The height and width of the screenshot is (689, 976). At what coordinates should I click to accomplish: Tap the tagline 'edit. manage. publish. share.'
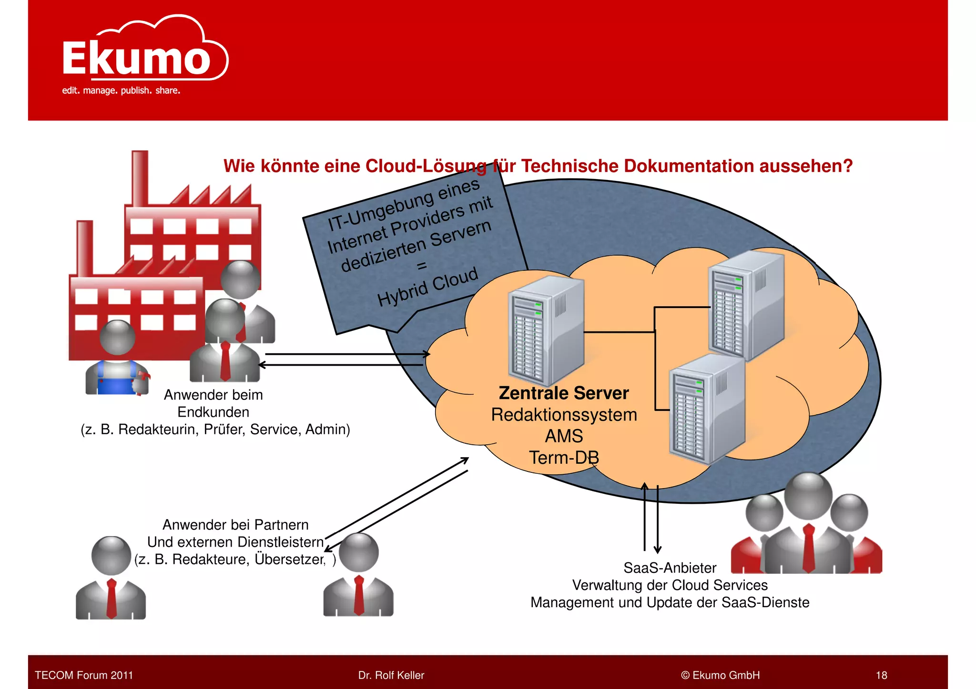[121, 90]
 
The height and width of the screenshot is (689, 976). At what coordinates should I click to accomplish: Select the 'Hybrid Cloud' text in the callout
[427, 287]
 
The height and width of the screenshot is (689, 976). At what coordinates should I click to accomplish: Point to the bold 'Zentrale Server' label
[563, 393]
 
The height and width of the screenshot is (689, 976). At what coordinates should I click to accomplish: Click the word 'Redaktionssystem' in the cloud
[564, 415]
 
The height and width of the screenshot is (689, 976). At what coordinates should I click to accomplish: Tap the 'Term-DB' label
[564, 458]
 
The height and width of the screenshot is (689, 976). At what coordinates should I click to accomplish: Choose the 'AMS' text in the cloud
[564, 436]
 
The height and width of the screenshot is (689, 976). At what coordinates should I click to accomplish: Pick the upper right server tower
[746, 305]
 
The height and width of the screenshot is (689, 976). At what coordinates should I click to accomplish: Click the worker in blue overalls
[117, 359]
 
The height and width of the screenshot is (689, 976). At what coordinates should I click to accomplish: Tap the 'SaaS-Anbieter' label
[670, 568]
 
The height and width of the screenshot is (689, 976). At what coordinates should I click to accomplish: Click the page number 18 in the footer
[881, 675]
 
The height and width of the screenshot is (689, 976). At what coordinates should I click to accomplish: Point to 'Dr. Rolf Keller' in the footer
[391, 675]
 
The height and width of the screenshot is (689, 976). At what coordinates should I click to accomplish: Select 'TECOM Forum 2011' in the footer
[84, 675]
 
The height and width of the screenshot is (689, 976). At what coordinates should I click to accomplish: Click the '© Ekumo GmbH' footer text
[720, 675]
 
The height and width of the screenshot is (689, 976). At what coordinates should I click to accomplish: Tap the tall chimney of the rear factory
[140, 179]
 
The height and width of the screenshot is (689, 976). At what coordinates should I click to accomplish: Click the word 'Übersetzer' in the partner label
[289, 559]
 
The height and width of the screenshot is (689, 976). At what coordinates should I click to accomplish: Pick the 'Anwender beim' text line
[213, 395]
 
